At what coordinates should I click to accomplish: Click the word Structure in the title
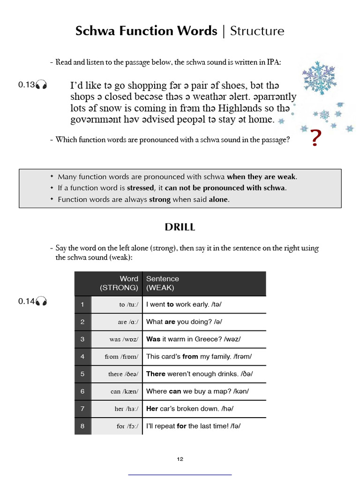coord(257,31)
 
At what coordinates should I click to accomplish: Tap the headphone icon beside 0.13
coord(42,85)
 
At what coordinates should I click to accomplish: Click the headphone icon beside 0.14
coord(42,301)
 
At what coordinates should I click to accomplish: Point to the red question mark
coord(316,138)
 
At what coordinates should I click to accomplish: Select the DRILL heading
coord(180,227)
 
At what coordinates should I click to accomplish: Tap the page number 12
coord(180,459)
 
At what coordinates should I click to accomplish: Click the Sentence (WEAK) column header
coord(163,283)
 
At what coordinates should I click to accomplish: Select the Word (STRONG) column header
coord(119,283)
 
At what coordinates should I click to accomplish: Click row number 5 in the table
coord(82,374)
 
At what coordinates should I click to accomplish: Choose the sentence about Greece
coord(194,339)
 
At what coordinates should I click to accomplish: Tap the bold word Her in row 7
coord(152,409)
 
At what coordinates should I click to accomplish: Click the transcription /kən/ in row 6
coord(241,391)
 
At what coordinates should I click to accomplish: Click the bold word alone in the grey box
coord(218,199)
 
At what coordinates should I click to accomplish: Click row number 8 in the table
coord(82,426)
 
